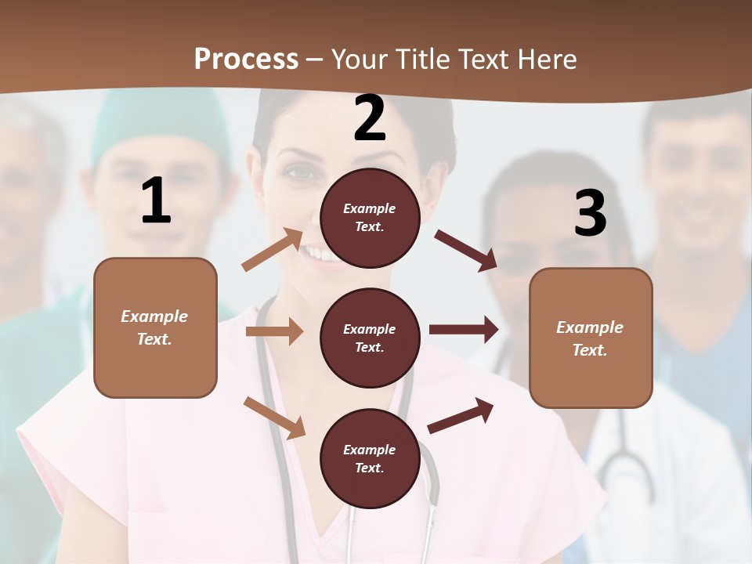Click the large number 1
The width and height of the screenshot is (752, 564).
click(x=156, y=201)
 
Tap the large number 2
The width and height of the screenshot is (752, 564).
click(x=370, y=118)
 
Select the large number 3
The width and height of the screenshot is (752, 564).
click(x=590, y=214)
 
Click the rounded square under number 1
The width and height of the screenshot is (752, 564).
click(x=155, y=327)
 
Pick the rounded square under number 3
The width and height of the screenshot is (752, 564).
click(x=591, y=338)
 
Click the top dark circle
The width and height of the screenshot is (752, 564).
click(x=370, y=218)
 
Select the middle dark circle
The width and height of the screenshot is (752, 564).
click(x=370, y=338)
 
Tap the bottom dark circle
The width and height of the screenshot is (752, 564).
click(x=370, y=458)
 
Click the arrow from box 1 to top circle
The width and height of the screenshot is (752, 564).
click(x=273, y=250)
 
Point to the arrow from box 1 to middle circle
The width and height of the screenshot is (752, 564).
click(x=274, y=331)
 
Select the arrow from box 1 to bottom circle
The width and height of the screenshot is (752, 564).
click(x=274, y=418)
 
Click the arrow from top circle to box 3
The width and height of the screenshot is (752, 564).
click(x=466, y=250)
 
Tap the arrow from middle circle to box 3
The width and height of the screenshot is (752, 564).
click(x=464, y=330)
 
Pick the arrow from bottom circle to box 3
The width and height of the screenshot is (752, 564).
click(x=461, y=416)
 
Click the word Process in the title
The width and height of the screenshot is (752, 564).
click(x=246, y=59)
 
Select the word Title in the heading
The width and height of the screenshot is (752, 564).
click(x=422, y=59)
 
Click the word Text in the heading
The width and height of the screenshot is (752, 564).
click(x=483, y=59)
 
